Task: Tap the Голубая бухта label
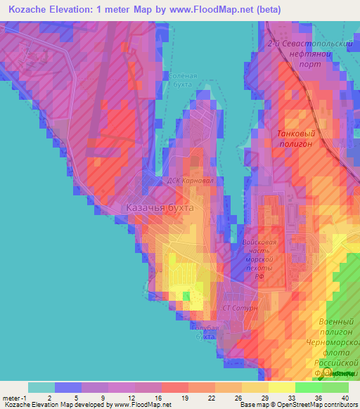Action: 205,332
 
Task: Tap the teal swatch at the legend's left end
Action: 41,387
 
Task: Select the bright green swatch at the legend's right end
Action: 335,387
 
